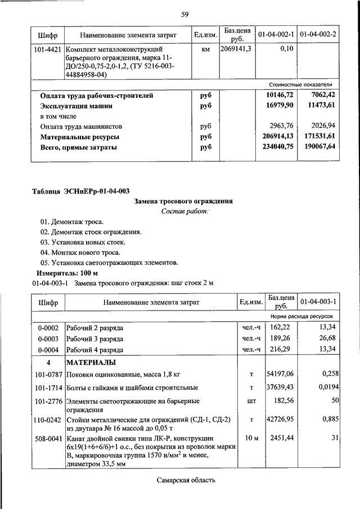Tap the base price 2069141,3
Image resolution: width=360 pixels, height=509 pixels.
[236, 50]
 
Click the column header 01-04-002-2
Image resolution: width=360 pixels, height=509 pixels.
[318, 35]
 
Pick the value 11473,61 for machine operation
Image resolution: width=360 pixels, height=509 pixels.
[321, 106]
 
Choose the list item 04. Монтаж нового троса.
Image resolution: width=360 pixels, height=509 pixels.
[71, 253]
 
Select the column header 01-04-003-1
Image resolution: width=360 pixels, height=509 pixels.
[318, 302]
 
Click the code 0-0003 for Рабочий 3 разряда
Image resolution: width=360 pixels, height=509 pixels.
[48, 337]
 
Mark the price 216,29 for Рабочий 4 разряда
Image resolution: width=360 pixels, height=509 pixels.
[281, 349]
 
